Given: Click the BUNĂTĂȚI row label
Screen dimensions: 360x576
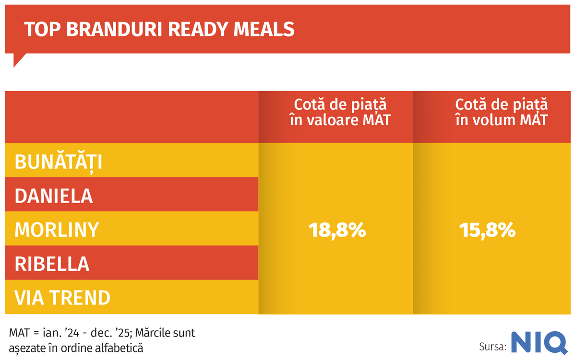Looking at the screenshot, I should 59,162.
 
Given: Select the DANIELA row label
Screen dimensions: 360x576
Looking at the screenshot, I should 54,196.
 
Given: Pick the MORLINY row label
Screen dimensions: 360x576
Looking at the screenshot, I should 57,230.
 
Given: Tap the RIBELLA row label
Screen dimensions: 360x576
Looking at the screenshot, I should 52,264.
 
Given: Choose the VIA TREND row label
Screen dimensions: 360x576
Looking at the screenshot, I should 62,298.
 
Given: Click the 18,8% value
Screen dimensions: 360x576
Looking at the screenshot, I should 337,230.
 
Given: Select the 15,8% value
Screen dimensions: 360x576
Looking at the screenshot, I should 487,230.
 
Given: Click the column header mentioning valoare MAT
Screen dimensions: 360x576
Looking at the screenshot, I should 340,112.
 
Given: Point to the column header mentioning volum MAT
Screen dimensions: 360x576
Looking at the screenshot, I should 501,112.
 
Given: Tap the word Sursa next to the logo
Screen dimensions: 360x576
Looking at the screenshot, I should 492,346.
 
